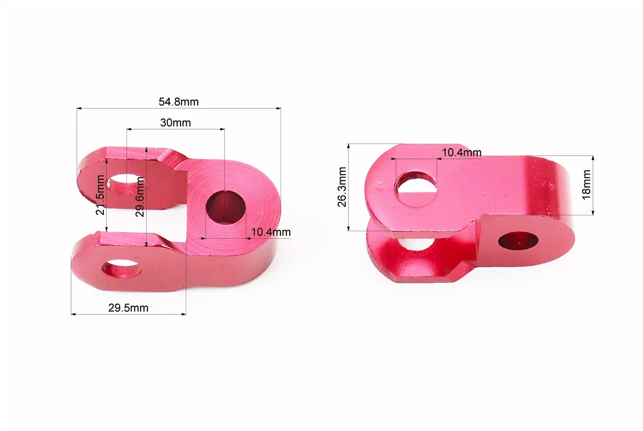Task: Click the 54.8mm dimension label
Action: coord(178,102)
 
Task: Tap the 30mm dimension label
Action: coord(176,123)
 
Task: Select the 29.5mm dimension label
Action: coord(128,308)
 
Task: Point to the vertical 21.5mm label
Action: coord(100,195)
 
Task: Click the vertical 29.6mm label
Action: coord(140,197)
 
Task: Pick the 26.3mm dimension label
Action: coord(342,187)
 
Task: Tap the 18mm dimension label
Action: coord(586,185)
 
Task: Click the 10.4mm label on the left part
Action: coord(271,232)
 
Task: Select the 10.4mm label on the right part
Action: coord(462,152)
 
